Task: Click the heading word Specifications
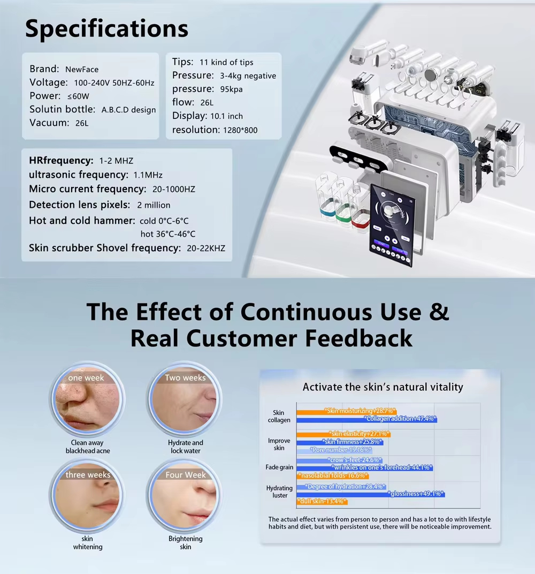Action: click(106, 28)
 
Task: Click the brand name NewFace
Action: click(82, 69)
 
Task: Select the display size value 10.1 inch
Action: click(226, 116)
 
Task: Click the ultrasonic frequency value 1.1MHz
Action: click(148, 175)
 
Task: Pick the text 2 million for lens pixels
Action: click(154, 205)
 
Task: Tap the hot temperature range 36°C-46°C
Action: click(168, 234)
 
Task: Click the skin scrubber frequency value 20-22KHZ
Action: click(206, 248)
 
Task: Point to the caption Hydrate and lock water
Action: click(186, 447)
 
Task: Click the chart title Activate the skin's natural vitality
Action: click(383, 387)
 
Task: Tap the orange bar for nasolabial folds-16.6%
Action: click(332, 475)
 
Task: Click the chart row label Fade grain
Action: click(279, 467)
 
